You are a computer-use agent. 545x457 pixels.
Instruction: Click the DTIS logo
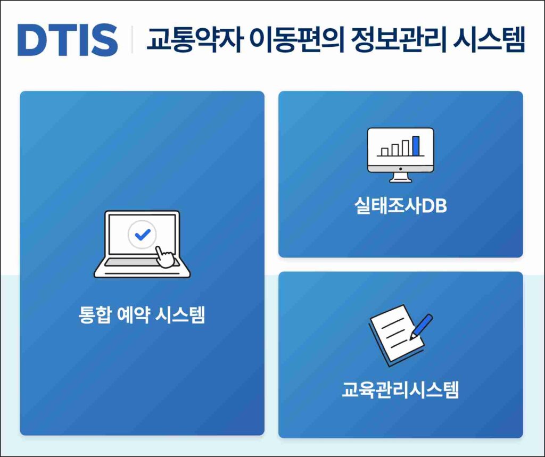pyautogui.click(x=68, y=40)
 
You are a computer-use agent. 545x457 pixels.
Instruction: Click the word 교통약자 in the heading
pyautogui.click(x=194, y=39)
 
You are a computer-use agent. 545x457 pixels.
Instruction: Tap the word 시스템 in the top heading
pyautogui.click(x=489, y=39)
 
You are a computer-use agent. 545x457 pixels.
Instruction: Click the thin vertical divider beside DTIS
pyautogui.click(x=132, y=39)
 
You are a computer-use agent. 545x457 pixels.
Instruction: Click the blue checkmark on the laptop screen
pyautogui.click(x=142, y=235)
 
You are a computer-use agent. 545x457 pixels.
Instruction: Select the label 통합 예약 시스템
pyautogui.click(x=142, y=314)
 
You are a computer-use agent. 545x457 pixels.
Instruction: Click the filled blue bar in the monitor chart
pyautogui.click(x=416, y=146)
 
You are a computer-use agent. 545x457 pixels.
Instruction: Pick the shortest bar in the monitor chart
pyautogui.click(x=385, y=152)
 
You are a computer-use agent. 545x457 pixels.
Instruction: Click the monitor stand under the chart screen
pyautogui.click(x=400, y=178)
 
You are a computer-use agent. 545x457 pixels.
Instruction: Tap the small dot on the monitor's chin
pyautogui.click(x=400, y=169)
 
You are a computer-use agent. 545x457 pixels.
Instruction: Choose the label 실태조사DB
pyautogui.click(x=400, y=205)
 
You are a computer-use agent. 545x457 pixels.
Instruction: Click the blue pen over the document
pyautogui.click(x=422, y=327)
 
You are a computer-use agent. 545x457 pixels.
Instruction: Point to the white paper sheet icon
pyautogui.click(x=396, y=334)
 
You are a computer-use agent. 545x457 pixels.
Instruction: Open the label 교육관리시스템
pyautogui.click(x=400, y=389)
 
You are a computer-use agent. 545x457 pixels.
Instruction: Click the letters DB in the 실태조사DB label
pyautogui.click(x=434, y=206)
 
